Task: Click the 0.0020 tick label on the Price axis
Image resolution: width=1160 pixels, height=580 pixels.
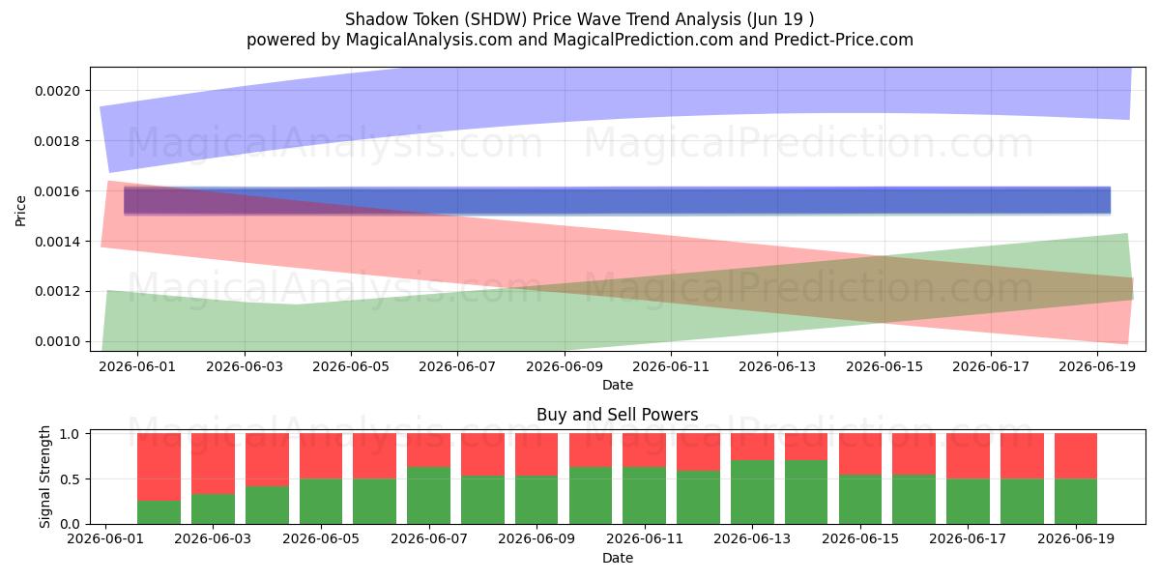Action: (x=57, y=91)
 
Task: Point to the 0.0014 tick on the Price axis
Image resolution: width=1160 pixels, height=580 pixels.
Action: (x=57, y=242)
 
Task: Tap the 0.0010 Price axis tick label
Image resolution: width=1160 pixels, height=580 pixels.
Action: (x=57, y=342)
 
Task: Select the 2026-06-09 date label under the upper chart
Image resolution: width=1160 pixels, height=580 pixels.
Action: (x=565, y=366)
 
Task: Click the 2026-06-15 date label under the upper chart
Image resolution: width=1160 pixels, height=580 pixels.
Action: (x=884, y=366)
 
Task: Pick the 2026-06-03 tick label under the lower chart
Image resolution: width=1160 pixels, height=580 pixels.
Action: (x=213, y=538)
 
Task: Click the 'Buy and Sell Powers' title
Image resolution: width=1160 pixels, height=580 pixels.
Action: (x=618, y=415)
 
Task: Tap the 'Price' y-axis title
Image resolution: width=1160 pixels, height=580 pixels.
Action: (x=20, y=212)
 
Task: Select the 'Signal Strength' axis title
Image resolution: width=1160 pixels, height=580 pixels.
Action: (x=45, y=477)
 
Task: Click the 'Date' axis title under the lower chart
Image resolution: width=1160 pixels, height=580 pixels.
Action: (x=618, y=558)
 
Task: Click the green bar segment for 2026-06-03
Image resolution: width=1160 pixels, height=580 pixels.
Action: (x=213, y=509)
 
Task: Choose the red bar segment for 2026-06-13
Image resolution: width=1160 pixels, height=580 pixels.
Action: (x=752, y=447)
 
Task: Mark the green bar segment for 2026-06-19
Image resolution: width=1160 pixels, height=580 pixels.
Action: (x=1076, y=502)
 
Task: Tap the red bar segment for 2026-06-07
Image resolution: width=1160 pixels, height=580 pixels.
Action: (x=429, y=450)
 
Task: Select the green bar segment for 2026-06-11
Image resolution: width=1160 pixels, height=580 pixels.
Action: (x=644, y=496)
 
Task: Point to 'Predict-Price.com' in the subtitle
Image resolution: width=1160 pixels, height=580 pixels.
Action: (x=844, y=40)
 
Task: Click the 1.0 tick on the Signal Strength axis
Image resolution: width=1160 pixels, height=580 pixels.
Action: (x=70, y=434)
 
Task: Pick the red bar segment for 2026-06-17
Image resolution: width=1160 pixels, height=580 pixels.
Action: (x=968, y=456)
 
